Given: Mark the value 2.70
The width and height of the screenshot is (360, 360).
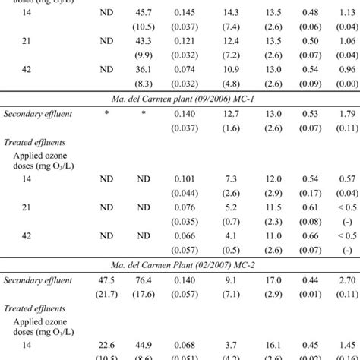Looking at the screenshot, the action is (x=346, y=282).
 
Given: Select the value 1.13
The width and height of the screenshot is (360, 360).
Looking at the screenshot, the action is (x=346, y=14).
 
